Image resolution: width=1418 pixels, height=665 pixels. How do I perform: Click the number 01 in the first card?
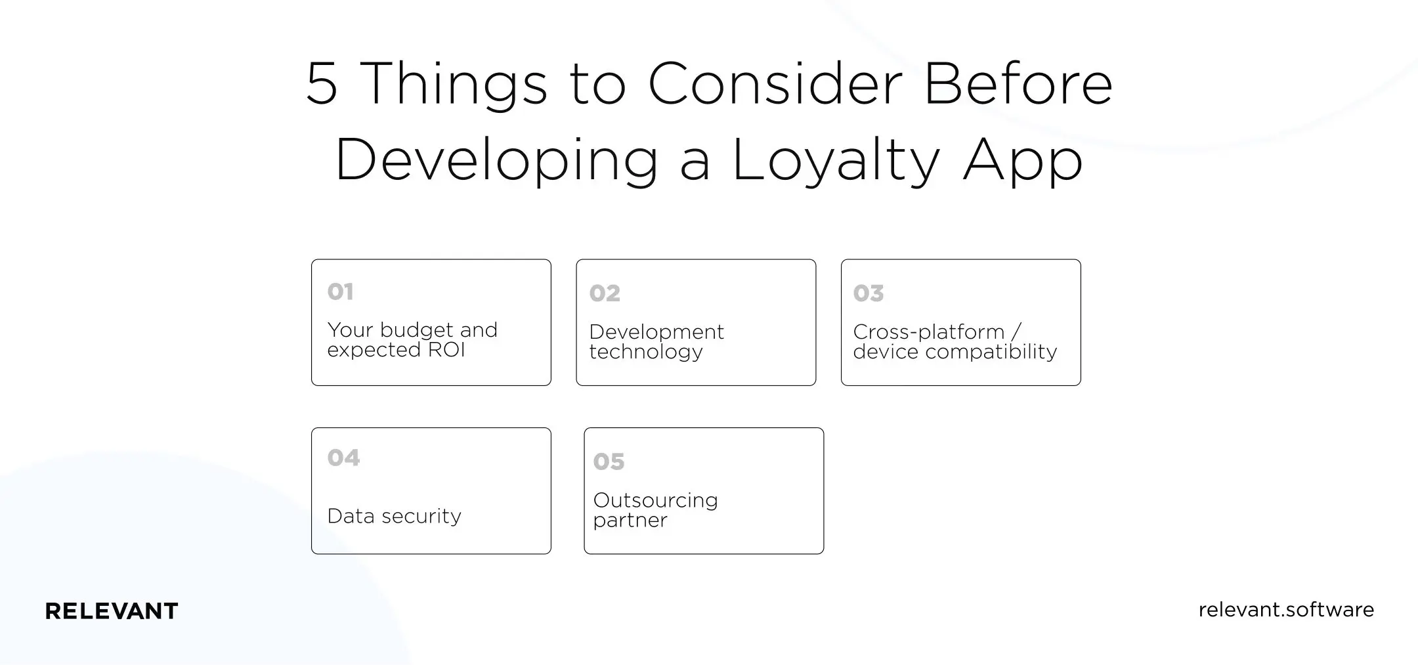click(340, 291)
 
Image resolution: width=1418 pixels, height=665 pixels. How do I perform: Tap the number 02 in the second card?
click(605, 293)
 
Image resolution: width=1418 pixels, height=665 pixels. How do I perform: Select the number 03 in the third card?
click(869, 293)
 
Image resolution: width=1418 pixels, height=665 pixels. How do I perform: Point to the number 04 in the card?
click(343, 458)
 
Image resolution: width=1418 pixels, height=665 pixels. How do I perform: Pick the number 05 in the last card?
click(609, 461)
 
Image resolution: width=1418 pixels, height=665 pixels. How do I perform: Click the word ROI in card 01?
click(446, 350)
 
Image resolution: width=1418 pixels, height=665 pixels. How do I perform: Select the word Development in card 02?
click(656, 332)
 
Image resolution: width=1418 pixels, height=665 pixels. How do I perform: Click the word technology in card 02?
click(646, 352)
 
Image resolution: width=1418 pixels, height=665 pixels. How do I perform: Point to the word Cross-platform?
click(929, 332)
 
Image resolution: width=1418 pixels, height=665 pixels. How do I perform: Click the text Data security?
click(394, 516)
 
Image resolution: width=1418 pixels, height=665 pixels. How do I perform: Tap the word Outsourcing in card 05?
click(655, 500)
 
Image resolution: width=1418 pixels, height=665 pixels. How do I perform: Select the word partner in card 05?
click(630, 521)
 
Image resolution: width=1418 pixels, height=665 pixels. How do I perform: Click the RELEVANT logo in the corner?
click(112, 611)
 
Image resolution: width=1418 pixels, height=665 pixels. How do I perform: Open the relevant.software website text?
click(1286, 610)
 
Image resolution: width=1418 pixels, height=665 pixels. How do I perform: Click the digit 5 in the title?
click(322, 84)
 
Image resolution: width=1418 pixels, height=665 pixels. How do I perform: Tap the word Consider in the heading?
click(775, 84)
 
